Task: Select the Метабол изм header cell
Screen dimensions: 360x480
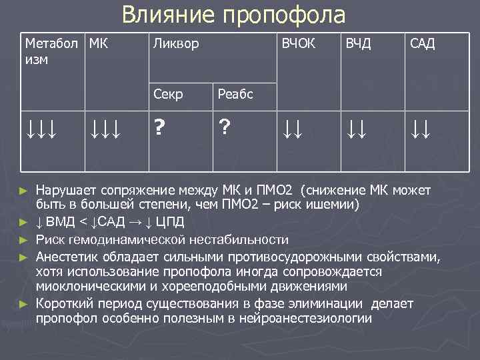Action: click(x=50, y=51)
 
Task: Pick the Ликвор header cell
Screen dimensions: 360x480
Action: click(x=176, y=45)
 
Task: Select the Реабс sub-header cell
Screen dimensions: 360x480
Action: click(x=235, y=94)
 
